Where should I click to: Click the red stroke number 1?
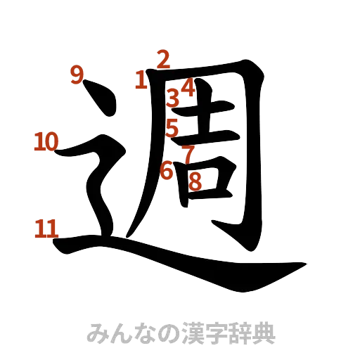(x=141, y=79)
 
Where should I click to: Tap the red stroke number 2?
(x=162, y=60)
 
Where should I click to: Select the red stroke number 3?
(x=172, y=97)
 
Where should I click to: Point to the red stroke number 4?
(x=186, y=87)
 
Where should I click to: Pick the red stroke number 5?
(x=172, y=127)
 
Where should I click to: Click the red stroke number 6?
(x=167, y=169)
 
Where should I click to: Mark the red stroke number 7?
(x=188, y=153)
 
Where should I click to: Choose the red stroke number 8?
(x=195, y=181)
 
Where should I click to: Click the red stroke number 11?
(x=46, y=228)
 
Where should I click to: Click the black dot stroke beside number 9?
(x=98, y=99)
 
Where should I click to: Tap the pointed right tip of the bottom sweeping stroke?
(x=305, y=264)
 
